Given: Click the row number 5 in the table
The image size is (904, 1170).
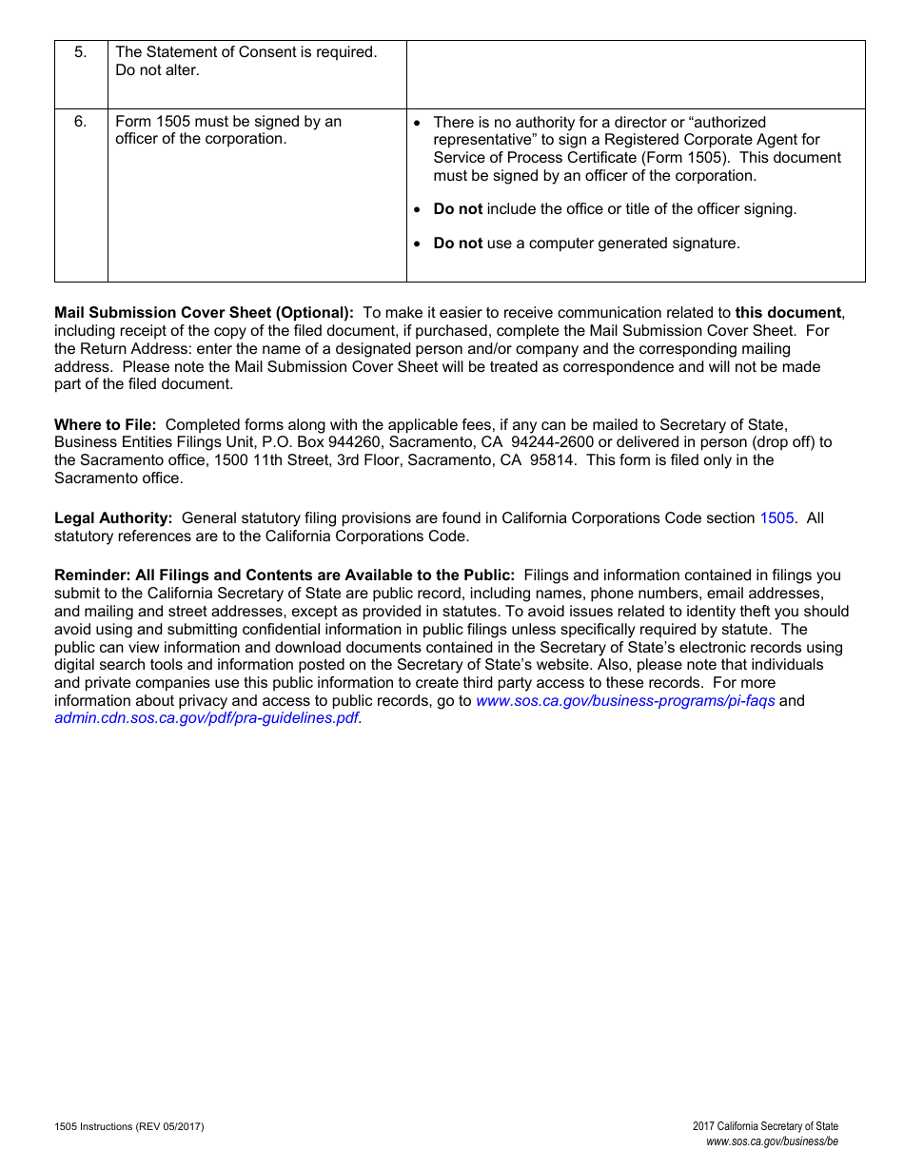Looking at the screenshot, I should coord(80,52).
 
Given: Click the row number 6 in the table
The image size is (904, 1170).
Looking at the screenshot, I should coord(80,122).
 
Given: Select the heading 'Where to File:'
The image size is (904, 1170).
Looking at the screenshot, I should coord(105,425).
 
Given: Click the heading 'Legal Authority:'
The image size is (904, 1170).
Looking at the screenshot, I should coord(113,518).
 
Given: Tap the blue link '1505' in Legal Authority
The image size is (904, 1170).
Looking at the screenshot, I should coord(776,518).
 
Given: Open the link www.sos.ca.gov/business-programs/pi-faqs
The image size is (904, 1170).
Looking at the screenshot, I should coord(625,701).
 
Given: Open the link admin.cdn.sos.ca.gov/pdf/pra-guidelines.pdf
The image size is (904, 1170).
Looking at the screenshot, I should coord(206,718).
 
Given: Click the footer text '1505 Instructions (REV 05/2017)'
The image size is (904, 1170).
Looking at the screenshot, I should coord(128,1127).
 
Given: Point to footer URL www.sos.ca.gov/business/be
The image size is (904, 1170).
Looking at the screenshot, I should coord(772,1142).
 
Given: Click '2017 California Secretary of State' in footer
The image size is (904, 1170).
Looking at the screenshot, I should coord(765,1127).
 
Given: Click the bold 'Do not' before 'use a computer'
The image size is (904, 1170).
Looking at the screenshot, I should coord(458,244).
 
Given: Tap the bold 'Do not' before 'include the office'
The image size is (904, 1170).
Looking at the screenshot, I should coord(458,209).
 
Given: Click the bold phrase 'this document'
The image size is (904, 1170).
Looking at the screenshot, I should coord(788,313).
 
